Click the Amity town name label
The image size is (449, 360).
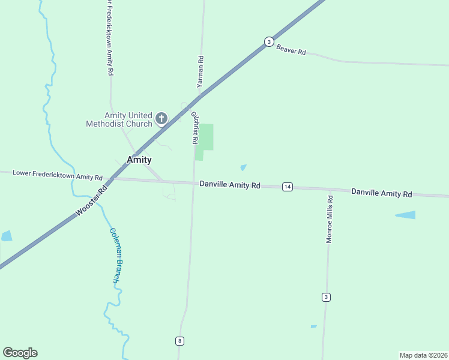tap(139, 160)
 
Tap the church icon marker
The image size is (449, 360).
tap(161, 118)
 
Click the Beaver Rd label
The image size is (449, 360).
tap(291, 50)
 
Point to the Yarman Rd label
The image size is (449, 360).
tap(200, 72)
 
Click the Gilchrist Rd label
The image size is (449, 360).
tap(194, 127)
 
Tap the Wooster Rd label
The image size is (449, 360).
tap(91, 200)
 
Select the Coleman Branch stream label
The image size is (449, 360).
tap(116, 255)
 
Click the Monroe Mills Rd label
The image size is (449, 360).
tap(329, 218)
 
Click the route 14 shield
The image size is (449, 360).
tap(288, 187)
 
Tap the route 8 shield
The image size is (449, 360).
tap(179, 341)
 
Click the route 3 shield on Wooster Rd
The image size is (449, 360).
tap(269, 41)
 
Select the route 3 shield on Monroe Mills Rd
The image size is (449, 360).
tap(326, 297)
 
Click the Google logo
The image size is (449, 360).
tap(20, 353)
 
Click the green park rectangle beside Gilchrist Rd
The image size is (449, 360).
tap(205, 138)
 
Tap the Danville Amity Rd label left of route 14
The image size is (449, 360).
tap(230, 185)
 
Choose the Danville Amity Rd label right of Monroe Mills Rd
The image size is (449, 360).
tap(382, 193)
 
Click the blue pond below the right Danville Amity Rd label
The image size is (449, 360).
tap(405, 215)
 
